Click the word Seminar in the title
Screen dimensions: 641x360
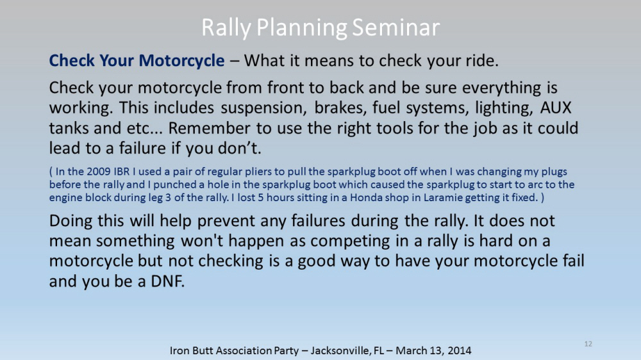(395, 28)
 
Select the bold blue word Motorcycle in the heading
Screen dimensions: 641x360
(181, 61)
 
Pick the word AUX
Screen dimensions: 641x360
(556, 108)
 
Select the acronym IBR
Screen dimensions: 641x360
(121, 171)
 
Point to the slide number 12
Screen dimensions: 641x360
(588, 343)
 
